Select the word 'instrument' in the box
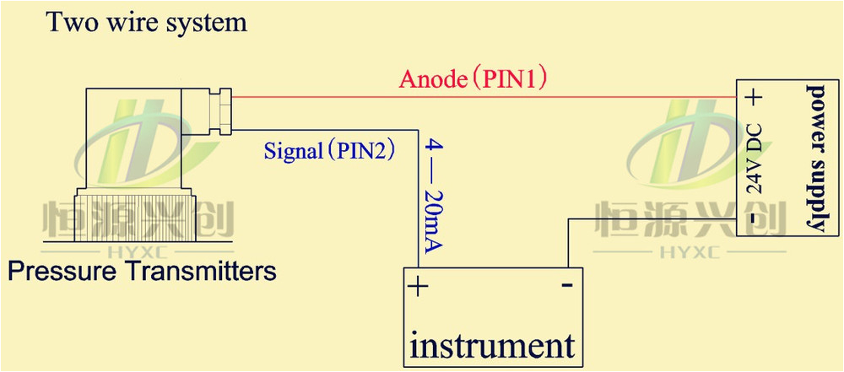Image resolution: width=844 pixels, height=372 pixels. (493, 344)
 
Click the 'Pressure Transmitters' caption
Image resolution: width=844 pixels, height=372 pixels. (142, 272)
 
